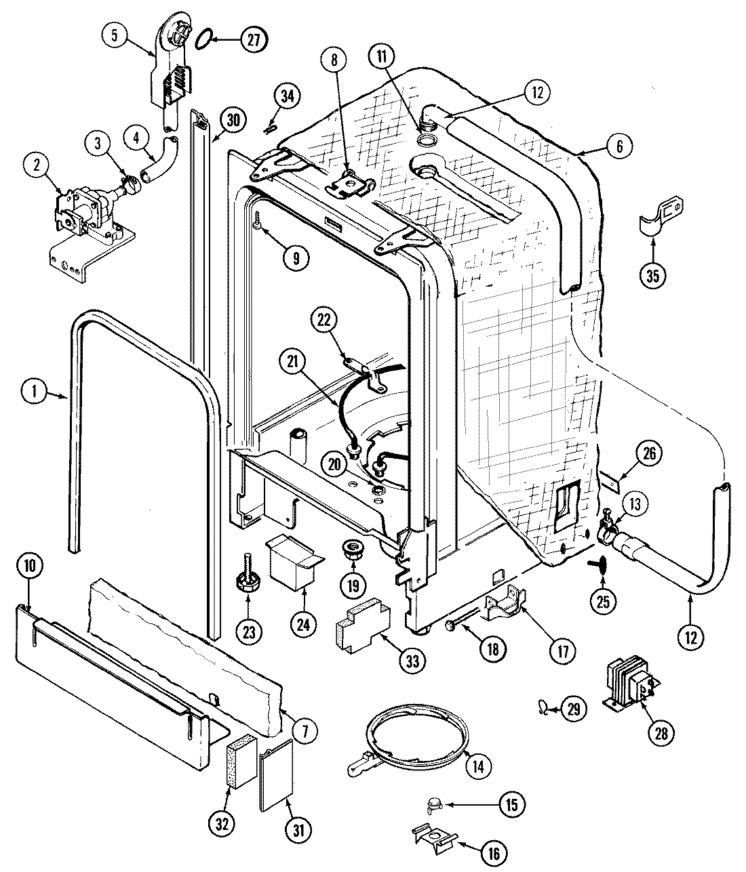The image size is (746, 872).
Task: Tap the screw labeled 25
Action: pyautogui.click(x=602, y=566)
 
